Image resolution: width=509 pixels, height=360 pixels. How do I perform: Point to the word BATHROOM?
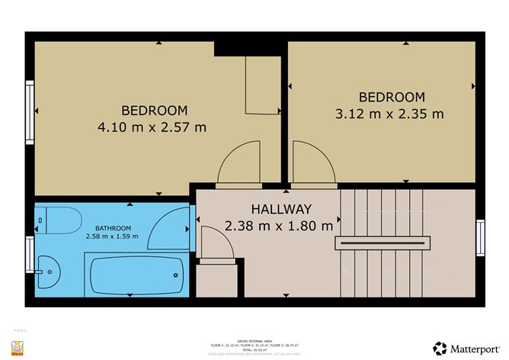(113, 227)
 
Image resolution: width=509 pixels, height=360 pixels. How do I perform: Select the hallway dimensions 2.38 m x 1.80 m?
(279, 225)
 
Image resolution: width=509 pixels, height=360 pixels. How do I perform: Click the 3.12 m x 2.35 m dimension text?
(391, 114)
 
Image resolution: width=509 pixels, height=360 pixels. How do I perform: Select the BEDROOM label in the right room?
(391, 97)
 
